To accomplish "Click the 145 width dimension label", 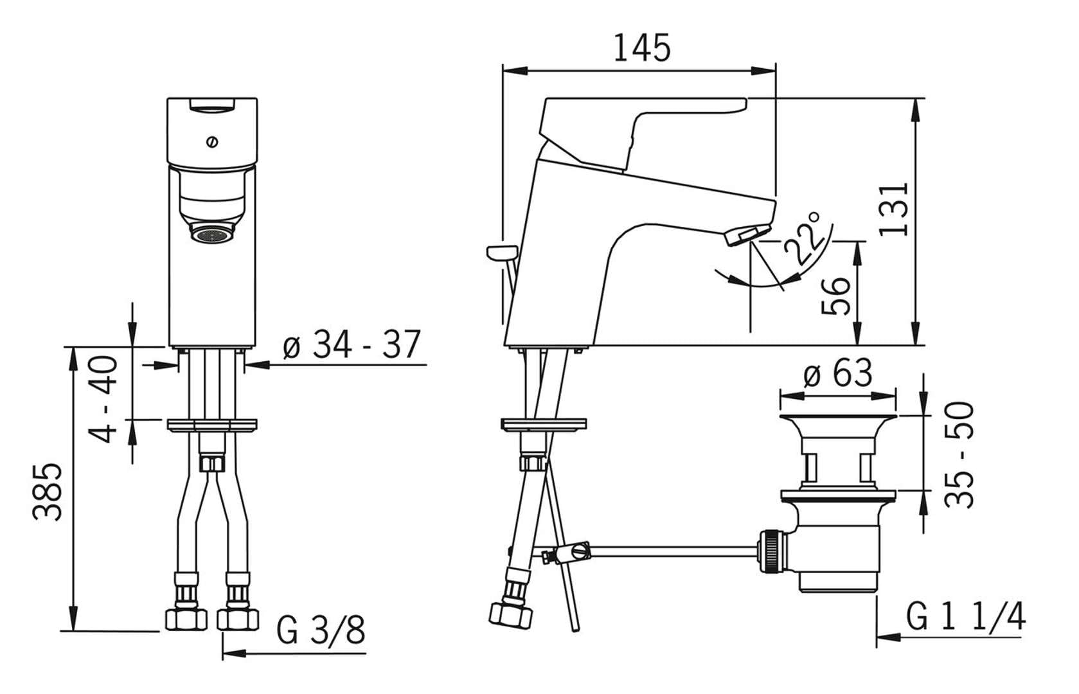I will [641, 48].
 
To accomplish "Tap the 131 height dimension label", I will [894, 209].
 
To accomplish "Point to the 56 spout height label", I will [837, 296].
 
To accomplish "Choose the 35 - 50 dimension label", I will [960, 454].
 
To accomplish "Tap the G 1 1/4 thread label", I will [965, 617].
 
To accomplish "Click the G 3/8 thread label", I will [321, 630].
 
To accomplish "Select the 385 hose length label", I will [49, 491].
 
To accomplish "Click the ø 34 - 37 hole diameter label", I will [352, 345].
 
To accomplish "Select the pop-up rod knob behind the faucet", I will [502, 252].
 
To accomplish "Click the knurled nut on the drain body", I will [771, 552].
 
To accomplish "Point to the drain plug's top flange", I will [838, 421].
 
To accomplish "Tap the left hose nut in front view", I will [186, 618].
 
